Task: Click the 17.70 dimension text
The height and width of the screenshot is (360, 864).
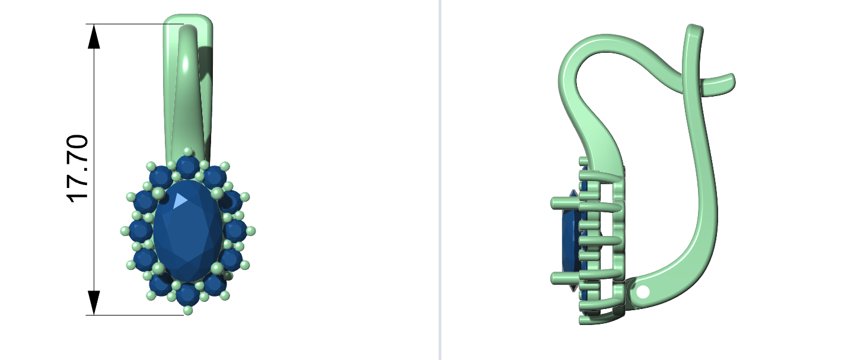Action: click(x=78, y=168)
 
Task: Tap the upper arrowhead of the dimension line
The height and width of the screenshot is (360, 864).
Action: click(x=94, y=37)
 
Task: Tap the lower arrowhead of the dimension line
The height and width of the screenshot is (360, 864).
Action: click(x=94, y=303)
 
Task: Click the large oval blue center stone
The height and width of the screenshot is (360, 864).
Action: click(x=188, y=231)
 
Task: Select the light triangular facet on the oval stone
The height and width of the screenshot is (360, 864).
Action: click(x=180, y=200)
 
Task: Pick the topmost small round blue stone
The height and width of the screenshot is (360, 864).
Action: click(x=188, y=167)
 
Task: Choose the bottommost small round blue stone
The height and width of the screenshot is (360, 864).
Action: click(x=188, y=295)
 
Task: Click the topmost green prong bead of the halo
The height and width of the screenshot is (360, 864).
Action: click(x=188, y=151)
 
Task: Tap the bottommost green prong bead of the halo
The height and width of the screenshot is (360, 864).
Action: click(x=188, y=310)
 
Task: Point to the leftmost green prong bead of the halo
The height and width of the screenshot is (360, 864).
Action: click(x=125, y=231)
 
